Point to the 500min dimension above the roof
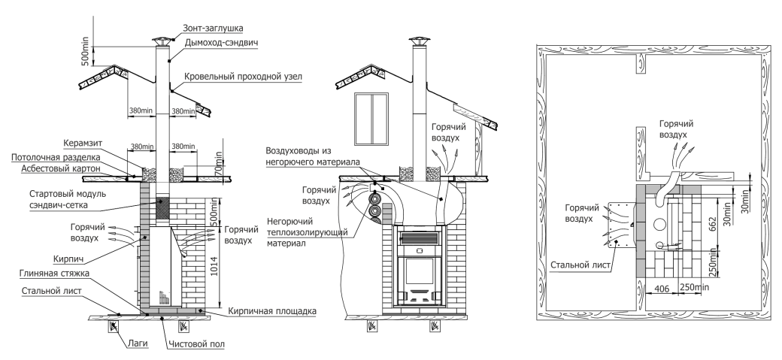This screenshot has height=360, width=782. [86, 50]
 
